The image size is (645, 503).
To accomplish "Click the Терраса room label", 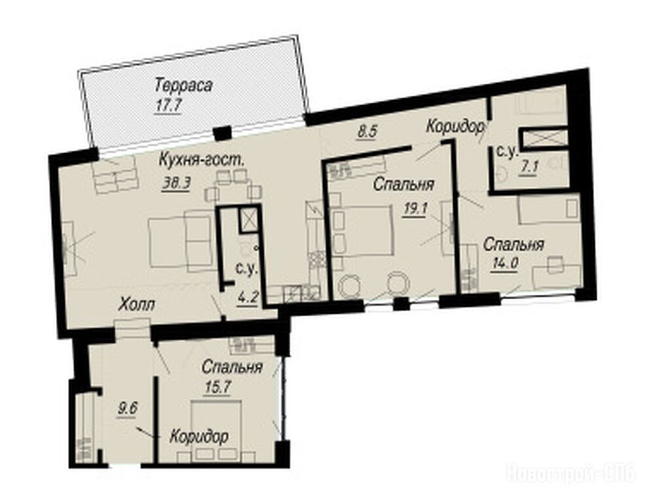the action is pos(183,86).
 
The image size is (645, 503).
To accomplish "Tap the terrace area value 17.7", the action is pos(168,106).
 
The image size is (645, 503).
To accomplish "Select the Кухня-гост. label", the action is pos(201,160).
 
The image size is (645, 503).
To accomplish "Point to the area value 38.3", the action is pos(176,184).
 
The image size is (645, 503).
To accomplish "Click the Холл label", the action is pos(137,305).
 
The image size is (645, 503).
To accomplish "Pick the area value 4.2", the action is pos(248,297).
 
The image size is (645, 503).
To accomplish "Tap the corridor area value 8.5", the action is pos(367,132).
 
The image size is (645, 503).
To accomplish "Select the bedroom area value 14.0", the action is pos(504,263).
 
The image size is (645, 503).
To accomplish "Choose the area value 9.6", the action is pos(127,409).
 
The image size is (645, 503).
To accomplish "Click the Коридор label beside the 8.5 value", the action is pos(455,126).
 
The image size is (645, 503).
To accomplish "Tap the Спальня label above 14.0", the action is pos(514,245).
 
